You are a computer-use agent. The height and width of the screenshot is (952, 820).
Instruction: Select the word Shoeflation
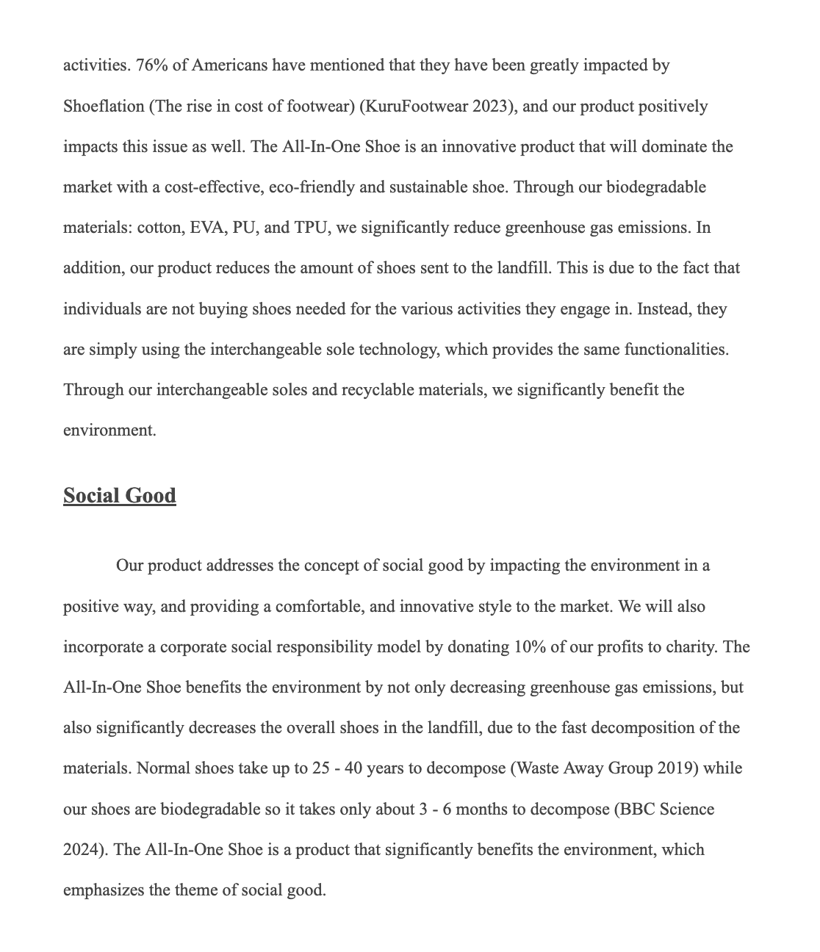coord(104,107)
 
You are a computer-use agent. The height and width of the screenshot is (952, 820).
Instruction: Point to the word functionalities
coord(676,350)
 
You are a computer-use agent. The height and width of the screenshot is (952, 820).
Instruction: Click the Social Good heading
coord(120,496)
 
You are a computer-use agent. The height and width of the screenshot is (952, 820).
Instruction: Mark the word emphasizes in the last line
coord(104,891)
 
